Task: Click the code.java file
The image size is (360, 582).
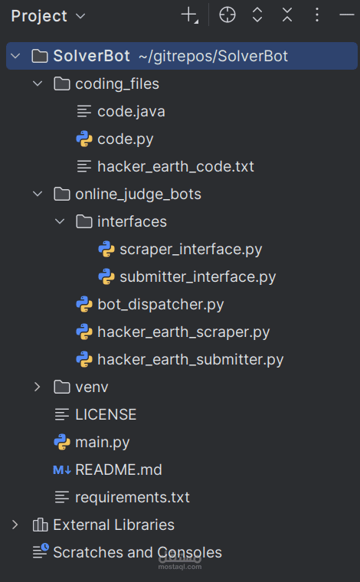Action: click(x=131, y=111)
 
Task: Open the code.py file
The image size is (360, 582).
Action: click(x=125, y=139)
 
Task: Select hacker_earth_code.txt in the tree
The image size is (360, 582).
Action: click(x=175, y=167)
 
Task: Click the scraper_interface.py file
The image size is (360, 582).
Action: click(x=191, y=250)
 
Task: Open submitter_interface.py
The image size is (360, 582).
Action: click(x=198, y=277)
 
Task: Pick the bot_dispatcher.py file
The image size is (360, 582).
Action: click(x=160, y=304)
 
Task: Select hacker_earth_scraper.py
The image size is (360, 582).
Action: click(x=183, y=332)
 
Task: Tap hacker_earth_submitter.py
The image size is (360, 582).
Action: click(x=191, y=359)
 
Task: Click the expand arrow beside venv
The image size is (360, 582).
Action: click(x=37, y=387)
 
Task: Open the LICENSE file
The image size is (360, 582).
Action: click(x=106, y=414)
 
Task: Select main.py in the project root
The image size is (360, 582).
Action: click(x=103, y=443)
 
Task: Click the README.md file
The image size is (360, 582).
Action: click(x=119, y=470)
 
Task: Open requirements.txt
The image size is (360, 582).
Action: click(x=132, y=497)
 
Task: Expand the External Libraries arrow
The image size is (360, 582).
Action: click(x=15, y=525)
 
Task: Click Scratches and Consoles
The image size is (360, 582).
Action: click(x=137, y=552)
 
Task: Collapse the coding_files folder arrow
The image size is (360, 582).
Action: click(x=38, y=84)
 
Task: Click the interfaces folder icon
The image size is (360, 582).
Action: click(x=84, y=222)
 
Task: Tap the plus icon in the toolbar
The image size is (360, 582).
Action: click(x=190, y=15)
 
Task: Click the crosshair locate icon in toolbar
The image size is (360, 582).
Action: click(x=227, y=15)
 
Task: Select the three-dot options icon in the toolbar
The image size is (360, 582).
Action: click(x=316, y=15)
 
